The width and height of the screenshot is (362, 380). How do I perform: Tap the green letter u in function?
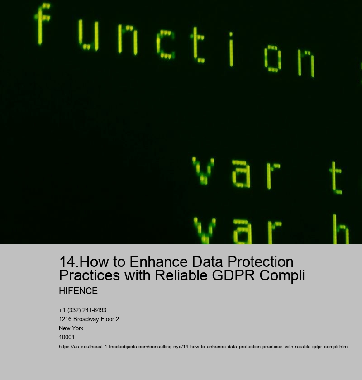click(x=88, y=36)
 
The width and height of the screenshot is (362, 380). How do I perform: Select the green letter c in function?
click(x=166, y=44)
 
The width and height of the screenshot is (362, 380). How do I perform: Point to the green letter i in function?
click(x=231, y=49)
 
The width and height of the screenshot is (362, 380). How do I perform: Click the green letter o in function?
click(x=273, y=59)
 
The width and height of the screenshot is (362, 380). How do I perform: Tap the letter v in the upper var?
click(x=203, y=171)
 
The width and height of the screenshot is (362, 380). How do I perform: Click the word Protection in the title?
click(x=260, y=262)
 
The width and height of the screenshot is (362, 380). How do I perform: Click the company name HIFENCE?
click(x=78, y=291)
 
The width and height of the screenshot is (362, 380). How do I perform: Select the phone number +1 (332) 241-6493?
click(x=83, y=310)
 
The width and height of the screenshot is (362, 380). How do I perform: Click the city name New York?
click(x=71, y=328)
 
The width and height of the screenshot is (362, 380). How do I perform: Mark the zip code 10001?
click(x=67, y=337)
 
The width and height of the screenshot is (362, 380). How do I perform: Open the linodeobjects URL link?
click(x=204, y=347)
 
